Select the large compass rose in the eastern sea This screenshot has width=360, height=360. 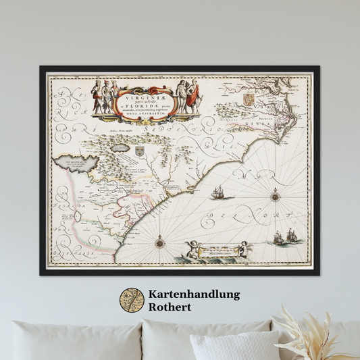[275, 197]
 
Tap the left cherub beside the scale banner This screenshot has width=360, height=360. [195, 250]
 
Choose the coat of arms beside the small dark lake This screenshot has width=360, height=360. [140, 151]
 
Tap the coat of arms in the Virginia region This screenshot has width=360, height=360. [249, 99]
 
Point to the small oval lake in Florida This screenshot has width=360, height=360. [78, 217]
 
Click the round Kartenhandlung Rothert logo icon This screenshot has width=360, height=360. [132, 300]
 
